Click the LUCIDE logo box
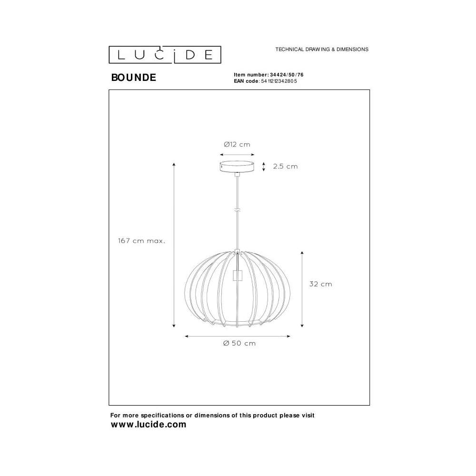pos(165,55)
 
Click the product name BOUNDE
pos(134,78)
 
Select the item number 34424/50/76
pos(287,75)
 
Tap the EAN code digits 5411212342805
pos(279,81)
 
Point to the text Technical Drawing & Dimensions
pos(322,49)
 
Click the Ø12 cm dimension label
pos(237,145)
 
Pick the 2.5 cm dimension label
pos(285,166)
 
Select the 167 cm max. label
pos(142,241)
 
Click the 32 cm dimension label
pos(320,284)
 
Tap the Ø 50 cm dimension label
pos(239,343)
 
